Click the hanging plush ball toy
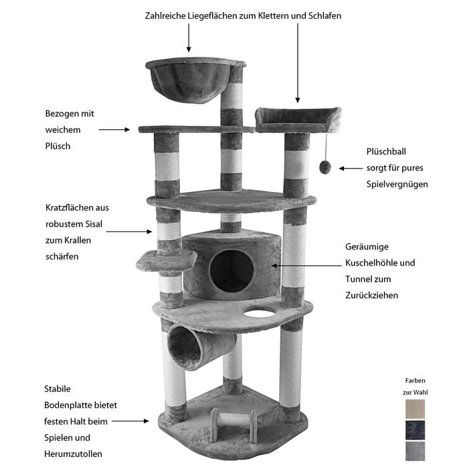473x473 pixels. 325,167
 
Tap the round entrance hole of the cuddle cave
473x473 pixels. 231,272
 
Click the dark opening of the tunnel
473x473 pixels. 184,348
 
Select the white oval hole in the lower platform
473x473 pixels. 260,313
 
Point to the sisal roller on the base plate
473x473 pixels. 234,421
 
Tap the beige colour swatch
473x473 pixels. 415,409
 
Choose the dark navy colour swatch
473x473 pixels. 415,430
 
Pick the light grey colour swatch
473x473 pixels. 415,452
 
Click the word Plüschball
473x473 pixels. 386,151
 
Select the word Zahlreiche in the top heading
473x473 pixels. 165,15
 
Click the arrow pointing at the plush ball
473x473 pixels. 351,169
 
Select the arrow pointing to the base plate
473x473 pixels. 130,421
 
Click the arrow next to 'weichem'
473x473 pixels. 114,130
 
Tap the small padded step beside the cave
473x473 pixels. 167,261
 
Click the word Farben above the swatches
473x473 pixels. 415,381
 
